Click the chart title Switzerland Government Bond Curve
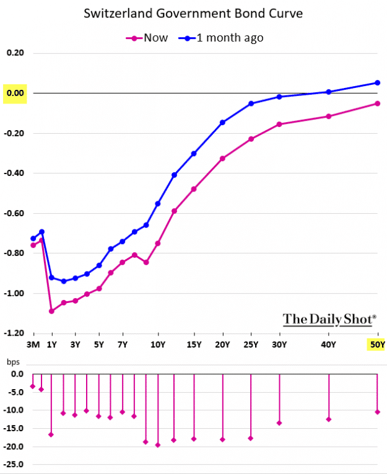pyautogui.click(x=193, y=13)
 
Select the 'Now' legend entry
pyautogui.click(x=147, y=38)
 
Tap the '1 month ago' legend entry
pyautogui.click(x=221, y=38)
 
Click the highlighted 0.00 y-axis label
pyautogui.click(x=15, y=93)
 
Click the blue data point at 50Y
pyautogui.click(x=377, y=83)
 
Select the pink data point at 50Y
pyautogui.click(x=377, y=103)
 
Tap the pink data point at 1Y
pyautogui.click(x=51, y=311)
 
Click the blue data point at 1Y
pyautogui.click(x=51, y=278)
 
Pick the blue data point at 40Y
pyautogui.click(x=329, y=92)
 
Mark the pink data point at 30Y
pyautogui.click(x=279, y=125)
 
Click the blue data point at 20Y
pyautogui.click(x=223, y=123)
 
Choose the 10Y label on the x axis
pyautogui.click(x=158, y=345)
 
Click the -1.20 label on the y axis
pyautogui.click(x=14, y=333)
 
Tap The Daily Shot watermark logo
pyautogui.click(x=329, y=320)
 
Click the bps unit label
pyautogui.click(x=13, y=362)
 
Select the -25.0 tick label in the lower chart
pyautogui.click(x=13, y=464)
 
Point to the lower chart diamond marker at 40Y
pyautogui.click(x=329, y=419)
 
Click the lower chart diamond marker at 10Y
pyautogui.click(x=158, y=445)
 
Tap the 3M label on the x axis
pyautogui.click(x=33, y=345)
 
